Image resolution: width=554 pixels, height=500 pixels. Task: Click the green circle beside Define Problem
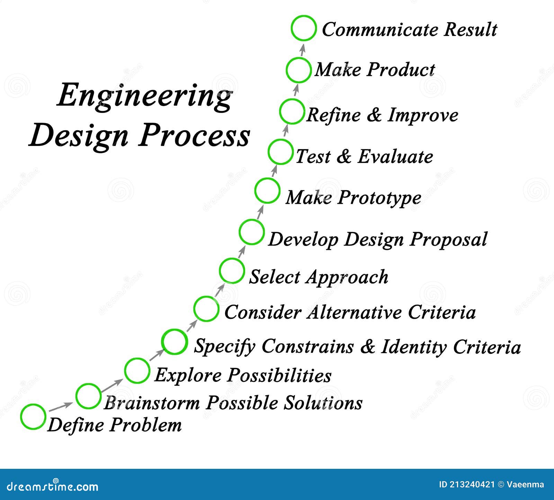pyautogui.click(x=21, y=417)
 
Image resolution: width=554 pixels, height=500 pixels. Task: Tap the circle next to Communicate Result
pyautogui.click(x=292, y=28)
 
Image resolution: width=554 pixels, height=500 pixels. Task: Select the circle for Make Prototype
pyautogui.click(x=255, y=191)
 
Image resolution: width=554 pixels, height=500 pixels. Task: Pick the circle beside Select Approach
pyautogui.click(x=220, y=271)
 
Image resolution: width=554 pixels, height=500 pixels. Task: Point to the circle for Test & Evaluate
pyautogui.click(x=268, y=152)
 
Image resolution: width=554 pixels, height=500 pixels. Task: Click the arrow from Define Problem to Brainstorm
pyautogui.click(x=61, y=406)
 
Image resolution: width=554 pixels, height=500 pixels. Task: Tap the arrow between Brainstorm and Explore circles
pyautogui.click(x=111, y=386)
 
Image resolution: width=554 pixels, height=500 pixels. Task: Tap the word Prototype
pyautogui.click(x=379, y=198)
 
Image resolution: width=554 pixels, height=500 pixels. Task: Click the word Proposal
pyautogui.click(x=448, y=239)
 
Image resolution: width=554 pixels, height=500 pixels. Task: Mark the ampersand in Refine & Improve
pyautogui.click(x=374, y=115)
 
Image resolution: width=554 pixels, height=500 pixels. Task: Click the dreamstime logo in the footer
pyautogui.click(x=49, y=486)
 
